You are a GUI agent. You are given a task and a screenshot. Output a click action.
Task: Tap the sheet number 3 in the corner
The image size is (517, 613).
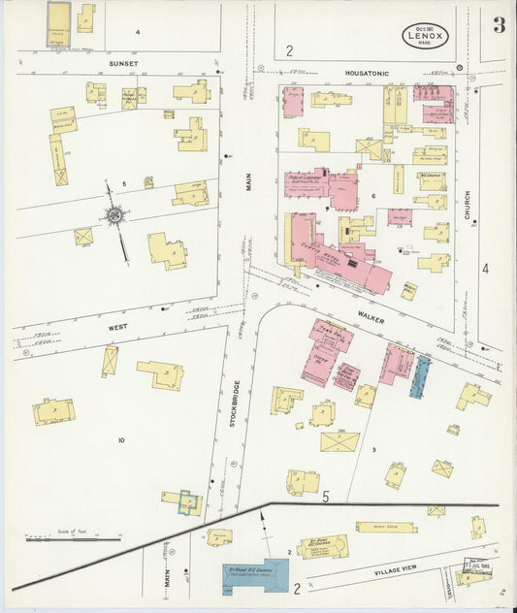tap(498, 25)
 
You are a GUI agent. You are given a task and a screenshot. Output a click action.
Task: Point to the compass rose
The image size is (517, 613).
tap(114, 214)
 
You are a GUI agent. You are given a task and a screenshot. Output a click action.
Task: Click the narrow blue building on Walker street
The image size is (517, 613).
tap(422, 375)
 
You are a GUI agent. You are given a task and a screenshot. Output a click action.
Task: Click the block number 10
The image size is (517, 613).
tap(121, 441)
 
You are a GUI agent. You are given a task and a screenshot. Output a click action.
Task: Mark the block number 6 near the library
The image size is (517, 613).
tap(372, 196)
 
